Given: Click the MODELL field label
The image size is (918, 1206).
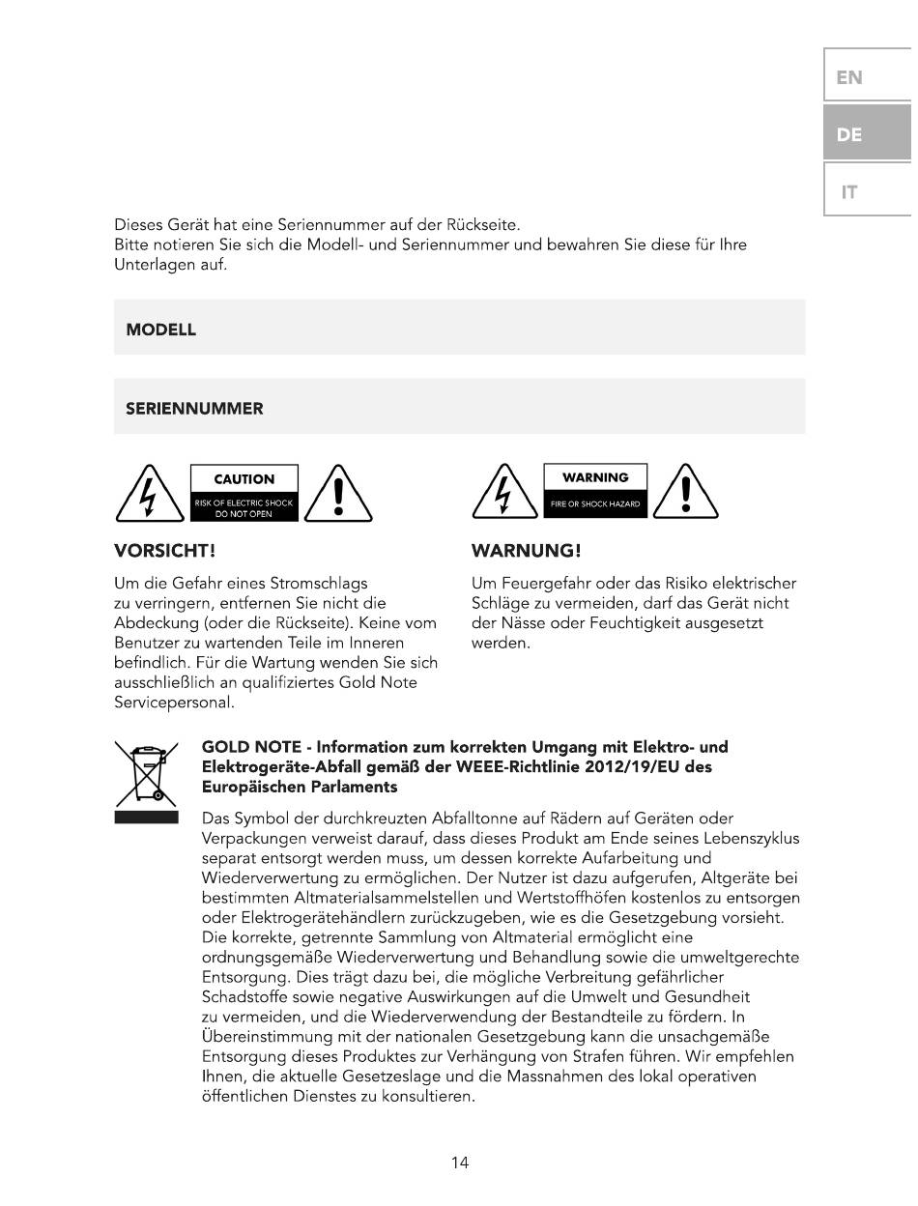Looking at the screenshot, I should point(161,330).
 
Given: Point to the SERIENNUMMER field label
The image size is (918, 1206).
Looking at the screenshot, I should point(194,409).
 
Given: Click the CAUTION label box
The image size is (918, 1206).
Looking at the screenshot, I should point(244,493).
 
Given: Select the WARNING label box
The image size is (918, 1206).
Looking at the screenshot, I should point(595,491).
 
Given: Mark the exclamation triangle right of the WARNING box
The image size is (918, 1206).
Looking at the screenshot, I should point(685,495).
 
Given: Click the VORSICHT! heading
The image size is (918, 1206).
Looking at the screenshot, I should point(164,551).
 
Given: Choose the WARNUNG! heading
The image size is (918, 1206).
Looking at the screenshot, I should point(526,551).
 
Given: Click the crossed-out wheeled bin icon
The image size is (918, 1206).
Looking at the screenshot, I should point(146,774).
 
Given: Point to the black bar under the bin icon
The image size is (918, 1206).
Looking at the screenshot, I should point(146,818).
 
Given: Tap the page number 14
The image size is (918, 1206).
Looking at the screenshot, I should point(460,1163).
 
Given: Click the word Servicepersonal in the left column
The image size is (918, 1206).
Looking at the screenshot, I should point(174,703).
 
